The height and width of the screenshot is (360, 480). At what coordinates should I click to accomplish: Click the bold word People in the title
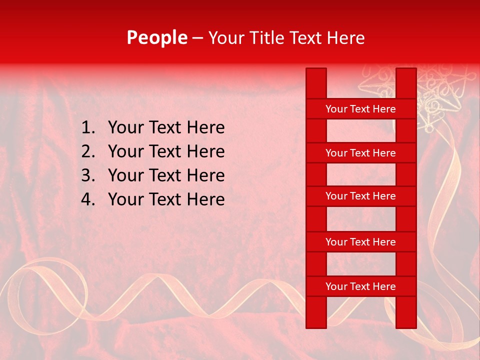click(157, 37)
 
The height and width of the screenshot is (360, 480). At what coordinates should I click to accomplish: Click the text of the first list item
click(166, 128)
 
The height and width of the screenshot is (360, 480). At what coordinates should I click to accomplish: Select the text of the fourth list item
click(166, 199)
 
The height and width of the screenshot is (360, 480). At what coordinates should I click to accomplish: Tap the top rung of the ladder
click(360, 109)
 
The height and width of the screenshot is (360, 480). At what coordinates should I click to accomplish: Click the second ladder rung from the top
click(360, 153)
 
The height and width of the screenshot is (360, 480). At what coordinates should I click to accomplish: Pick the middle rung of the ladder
click(360, 196)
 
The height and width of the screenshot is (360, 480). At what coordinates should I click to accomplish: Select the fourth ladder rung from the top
click(360, 242)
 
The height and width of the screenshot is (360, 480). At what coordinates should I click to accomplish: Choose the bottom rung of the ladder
click(360, 286)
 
